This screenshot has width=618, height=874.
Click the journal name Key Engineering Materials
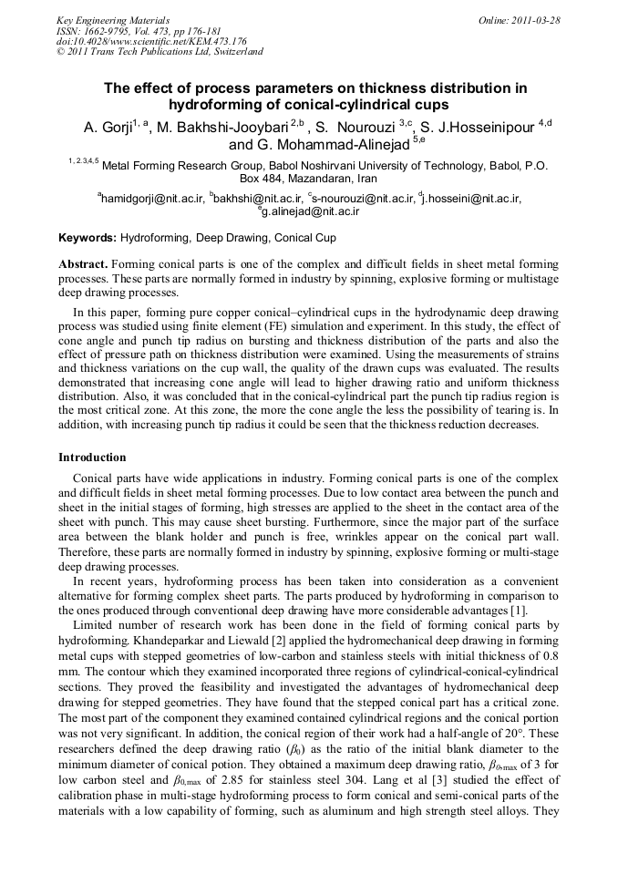pos(113,19)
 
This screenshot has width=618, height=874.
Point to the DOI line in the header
pos(151,41)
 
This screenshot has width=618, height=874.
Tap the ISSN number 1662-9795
pos(117,30)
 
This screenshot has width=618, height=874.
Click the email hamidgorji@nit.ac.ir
pos(152,198)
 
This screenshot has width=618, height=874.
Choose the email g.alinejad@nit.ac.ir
pos(312,211)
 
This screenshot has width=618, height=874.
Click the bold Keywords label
pos(88,238)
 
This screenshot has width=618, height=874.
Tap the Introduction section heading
pos(92,457)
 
